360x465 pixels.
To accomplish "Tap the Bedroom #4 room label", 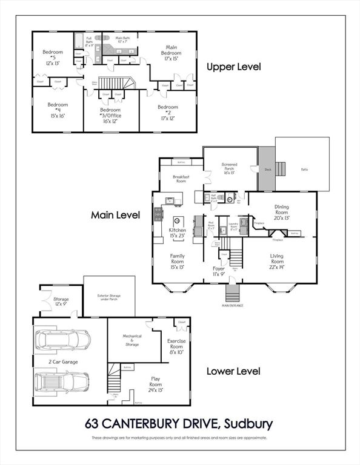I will (x=58, y=110).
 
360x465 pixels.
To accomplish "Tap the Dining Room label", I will (x=282, y=212).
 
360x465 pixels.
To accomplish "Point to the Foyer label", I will (x=218, y=271).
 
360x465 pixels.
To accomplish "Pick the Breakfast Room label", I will (x=181, y=179).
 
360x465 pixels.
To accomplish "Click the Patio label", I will (x=304, y=170).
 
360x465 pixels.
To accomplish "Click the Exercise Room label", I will (x=176, y=346).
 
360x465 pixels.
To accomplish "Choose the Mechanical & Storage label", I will (x=133, y=341).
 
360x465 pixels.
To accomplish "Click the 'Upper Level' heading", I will (x=233, y=67).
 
